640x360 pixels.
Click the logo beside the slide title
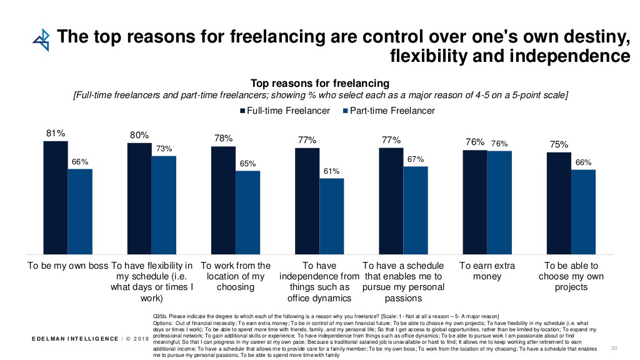tap(41, 39)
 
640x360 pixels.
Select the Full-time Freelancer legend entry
tap(285, 111)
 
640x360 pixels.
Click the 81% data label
tap(55, 132)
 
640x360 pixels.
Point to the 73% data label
tap(164, 148)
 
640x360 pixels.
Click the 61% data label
tap(331, 171)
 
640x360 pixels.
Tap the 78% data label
tap(223, 138)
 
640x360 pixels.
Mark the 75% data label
tap(559, 144)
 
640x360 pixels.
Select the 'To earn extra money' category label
tap(487, 271)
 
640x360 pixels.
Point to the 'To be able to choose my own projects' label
tap(571, 276)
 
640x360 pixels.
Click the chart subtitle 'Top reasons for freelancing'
tap(319, 83)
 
